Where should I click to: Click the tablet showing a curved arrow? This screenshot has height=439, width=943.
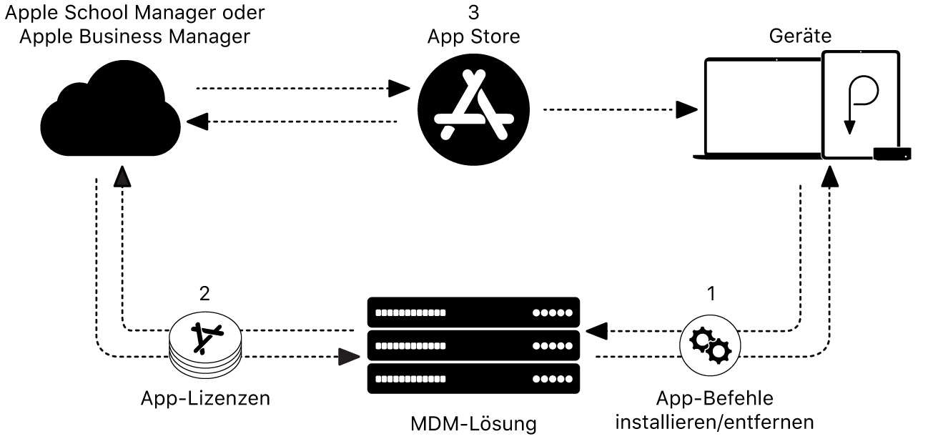860,104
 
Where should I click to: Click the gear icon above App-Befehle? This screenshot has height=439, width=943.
709,344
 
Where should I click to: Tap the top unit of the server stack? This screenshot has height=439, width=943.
473,312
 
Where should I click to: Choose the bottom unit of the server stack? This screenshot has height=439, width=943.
473,378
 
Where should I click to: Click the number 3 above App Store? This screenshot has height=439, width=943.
473,13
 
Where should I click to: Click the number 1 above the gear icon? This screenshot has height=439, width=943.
709,292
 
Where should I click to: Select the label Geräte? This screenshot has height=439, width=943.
800,36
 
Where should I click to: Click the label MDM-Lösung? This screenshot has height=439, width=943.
473,423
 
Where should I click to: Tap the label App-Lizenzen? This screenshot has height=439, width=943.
206,398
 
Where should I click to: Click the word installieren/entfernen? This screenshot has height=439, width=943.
714,423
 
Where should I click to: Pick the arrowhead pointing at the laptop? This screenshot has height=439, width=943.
687,110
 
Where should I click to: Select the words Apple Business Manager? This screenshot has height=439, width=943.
134,36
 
